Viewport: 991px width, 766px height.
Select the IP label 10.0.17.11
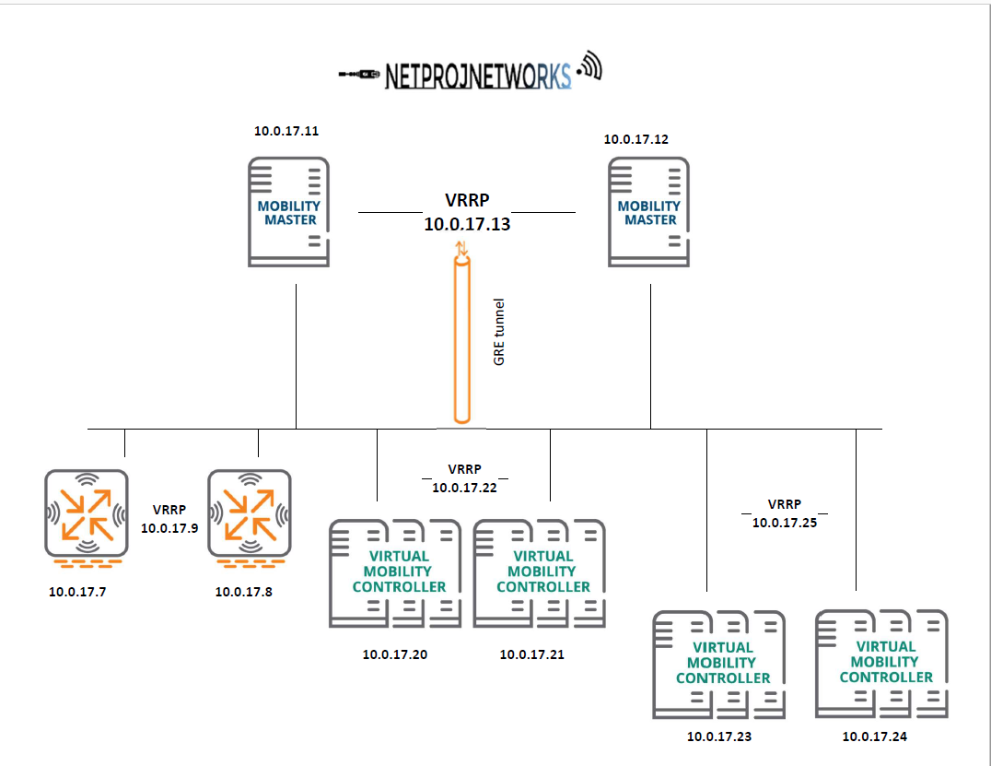coord(286,131)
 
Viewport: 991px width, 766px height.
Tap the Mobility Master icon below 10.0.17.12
coord(649,212)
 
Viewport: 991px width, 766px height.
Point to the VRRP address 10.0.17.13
coord(466,224)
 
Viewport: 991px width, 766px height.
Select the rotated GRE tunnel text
coord(499,332)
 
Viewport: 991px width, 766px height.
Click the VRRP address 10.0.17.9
coord(169,529)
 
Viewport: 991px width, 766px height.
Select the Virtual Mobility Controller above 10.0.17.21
coord(540,572)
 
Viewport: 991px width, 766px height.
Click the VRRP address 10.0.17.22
coord(464,488)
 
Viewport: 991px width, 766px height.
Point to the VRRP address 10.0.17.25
coord(784,522)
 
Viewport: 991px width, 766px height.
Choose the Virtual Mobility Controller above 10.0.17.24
coord(882,663)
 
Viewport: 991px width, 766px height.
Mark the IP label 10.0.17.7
coord(77,592)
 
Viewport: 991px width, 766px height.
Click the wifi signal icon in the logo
coord(589,67)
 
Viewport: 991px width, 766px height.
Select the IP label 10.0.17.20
coord(394,655)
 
